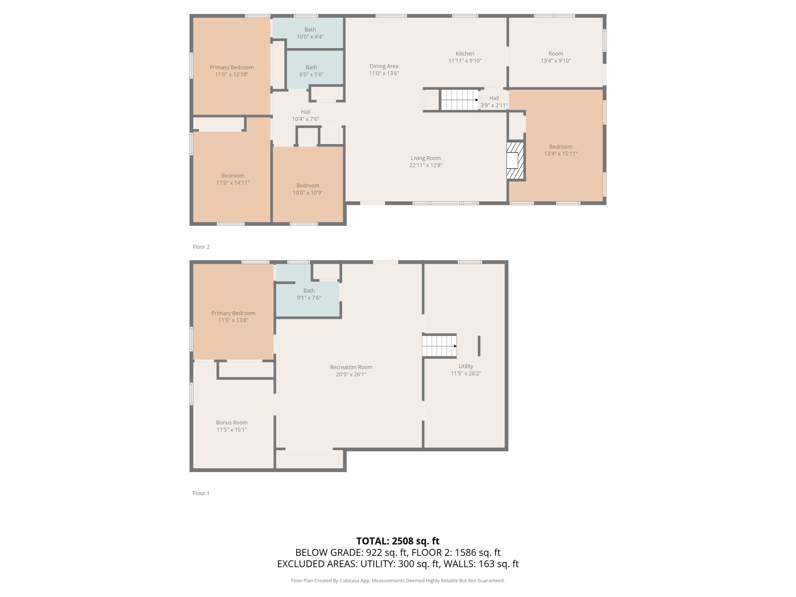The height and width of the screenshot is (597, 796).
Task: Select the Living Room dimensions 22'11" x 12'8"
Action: click(x=426, y=165)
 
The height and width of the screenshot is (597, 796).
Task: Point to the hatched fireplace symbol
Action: click(x=515, y=161)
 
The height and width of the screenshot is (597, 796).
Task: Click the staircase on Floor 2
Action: click(x=459, y=100)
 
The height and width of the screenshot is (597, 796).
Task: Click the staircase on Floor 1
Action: click(x=439, y=346)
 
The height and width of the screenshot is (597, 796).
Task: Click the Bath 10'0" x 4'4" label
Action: click(x=310, y=33)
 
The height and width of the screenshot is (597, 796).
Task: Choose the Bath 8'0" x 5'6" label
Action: click(x=311, y=71)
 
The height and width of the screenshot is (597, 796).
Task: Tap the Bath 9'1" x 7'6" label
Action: click(x=309, y=294)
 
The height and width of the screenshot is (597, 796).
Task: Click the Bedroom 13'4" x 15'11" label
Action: click(x=560, y=150)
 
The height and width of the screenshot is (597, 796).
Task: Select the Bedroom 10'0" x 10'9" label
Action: click(x=308, y=189)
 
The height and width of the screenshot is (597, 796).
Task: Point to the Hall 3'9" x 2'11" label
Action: click(x=494, y=101)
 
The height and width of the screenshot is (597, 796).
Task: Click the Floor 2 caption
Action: click(x=201, y=247)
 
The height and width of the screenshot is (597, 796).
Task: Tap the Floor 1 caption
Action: click(x=201, y=493)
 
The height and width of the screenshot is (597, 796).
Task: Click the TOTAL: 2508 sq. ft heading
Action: click(x=398, y=541)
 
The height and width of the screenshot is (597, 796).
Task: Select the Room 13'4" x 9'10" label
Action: click(x=556, y=57)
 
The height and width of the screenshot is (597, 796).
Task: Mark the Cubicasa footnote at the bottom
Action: click(x=398, y=581)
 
